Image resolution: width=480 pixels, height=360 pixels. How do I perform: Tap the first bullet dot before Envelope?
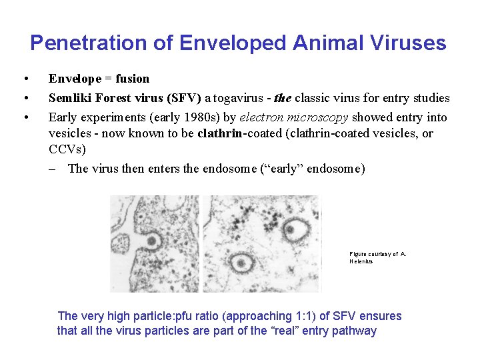coord(25,79)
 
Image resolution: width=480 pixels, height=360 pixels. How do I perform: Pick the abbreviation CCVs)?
coord(67,150)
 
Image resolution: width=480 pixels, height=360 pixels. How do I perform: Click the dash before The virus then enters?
coord(53,169)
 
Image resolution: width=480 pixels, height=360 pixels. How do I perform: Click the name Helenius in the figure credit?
coord(361,261)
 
